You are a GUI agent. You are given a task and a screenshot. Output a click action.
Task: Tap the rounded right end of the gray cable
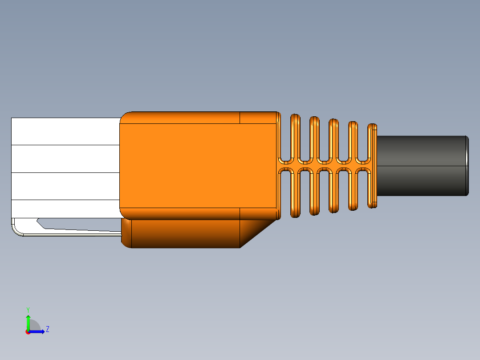pos(466,165)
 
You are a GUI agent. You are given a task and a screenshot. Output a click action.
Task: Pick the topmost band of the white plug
pos(65,131)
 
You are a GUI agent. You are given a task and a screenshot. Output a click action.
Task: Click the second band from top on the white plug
pos(65,159)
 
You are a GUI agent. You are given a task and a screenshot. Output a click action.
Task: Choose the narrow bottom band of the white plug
pos(65,209)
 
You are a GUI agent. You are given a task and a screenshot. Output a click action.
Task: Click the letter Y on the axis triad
pos(28,309)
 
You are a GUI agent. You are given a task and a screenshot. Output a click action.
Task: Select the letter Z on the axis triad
pos(47,329)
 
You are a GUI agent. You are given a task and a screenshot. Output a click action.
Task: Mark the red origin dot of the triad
pos(28,331)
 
